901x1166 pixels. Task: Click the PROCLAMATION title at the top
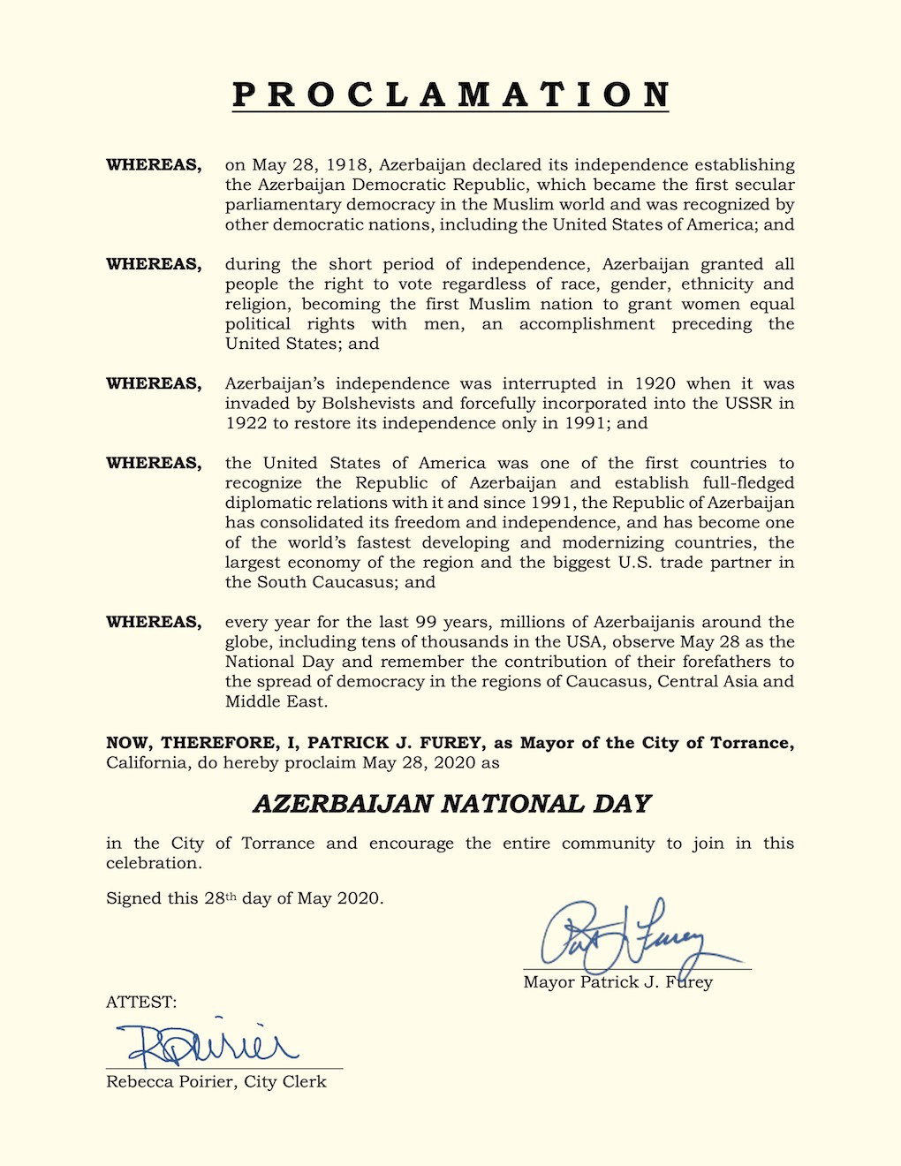tap(450, 95)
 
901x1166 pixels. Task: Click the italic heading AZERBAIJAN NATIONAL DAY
tap(451, 804)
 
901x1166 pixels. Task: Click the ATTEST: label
tap(141, 1002)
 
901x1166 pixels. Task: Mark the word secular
tap(764, 185)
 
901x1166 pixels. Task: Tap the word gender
tap(622, 284)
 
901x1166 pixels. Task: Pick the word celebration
tap(154, 863)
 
